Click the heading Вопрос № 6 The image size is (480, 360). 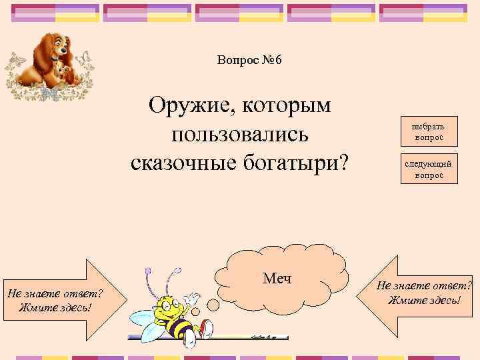coord(250,61)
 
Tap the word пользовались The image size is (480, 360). coord(240,134)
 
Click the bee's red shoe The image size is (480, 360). coord(207,327)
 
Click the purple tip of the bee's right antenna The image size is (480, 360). coord(177,271)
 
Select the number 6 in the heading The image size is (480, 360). coord(278,61)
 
